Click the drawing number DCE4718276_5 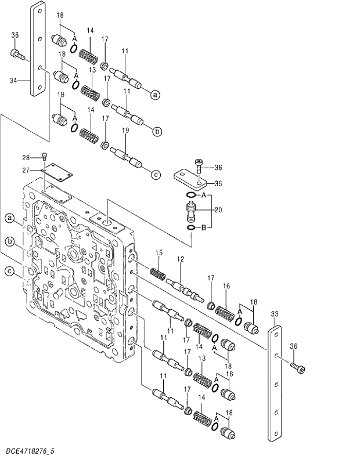31,450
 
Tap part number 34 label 13,81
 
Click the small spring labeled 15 159,272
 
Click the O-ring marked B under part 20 191,229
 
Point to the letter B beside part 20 203,229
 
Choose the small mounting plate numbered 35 189,177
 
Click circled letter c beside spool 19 156,173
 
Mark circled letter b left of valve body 10,241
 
